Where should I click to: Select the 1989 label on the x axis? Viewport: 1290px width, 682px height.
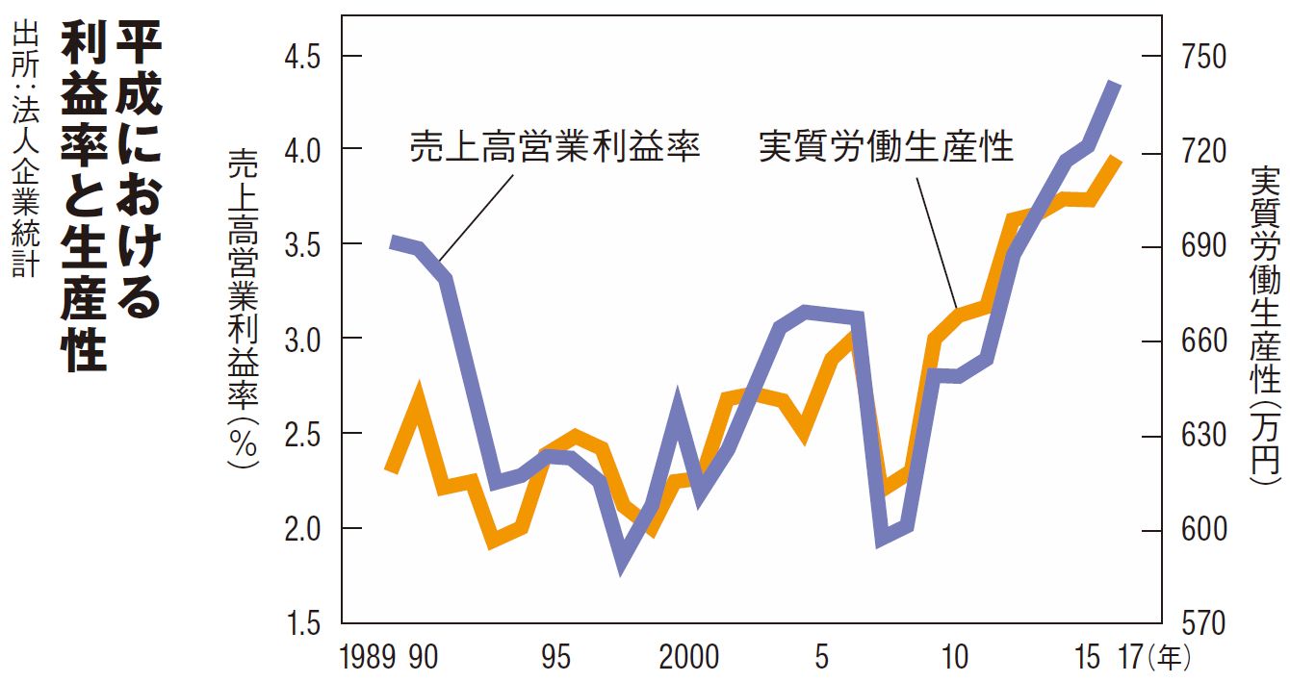pos(368,659)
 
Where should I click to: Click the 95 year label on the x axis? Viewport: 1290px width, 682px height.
pos(555,659)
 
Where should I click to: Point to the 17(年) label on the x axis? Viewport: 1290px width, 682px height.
pos(1156,659)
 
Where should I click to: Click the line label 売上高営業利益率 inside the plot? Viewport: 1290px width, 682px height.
pos(554,147)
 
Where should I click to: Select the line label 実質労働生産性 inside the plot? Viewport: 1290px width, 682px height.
pos(887,147)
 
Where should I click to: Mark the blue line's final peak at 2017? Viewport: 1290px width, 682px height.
pos(1115,85)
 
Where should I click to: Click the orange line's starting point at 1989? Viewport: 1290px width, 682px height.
pos(390,468)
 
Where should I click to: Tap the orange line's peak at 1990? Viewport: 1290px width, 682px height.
pos(418,393)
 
